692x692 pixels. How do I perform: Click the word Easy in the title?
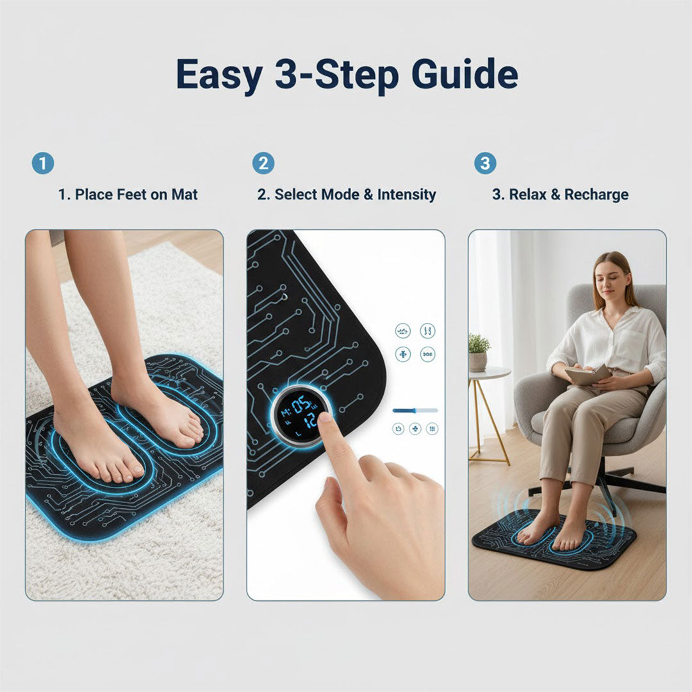point(218,74)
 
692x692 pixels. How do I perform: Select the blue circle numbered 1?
point(43,163)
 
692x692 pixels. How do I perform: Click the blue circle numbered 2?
point(263,163)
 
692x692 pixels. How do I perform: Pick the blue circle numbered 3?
point(484,163)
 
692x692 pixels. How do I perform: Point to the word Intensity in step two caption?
point(406,194)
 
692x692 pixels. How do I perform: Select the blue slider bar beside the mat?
point(415,410)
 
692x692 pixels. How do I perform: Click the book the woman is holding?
point(588,375)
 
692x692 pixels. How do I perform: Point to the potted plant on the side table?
point(478,352)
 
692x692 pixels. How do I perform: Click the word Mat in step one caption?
point(185,194)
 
